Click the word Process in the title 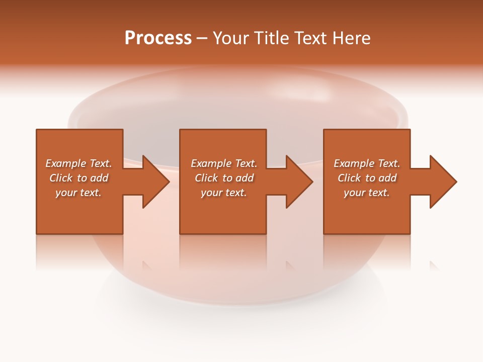coord(158,38)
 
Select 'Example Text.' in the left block coord(78,163)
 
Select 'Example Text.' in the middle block coord(224,163)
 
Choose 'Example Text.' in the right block coord(367,163)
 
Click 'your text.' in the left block coord(78,193)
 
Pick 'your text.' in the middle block coord(224,193)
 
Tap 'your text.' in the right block coord(367,193)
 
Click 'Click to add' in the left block coord(78,178)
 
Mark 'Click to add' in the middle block coord(224,178)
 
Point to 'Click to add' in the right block coord(367,178)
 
